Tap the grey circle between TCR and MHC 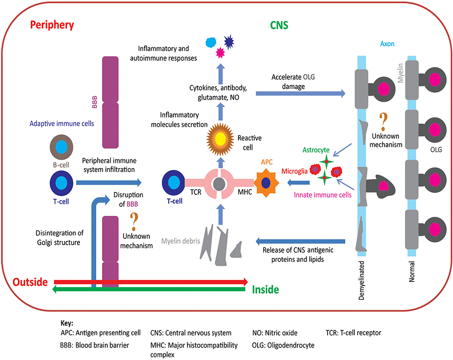pos(219,182)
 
